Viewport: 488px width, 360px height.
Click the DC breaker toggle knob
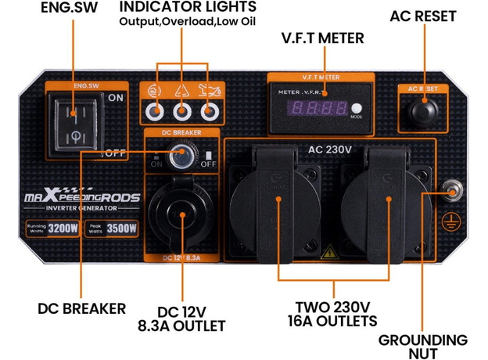coord(181,159)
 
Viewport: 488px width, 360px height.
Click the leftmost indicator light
coord(156,110)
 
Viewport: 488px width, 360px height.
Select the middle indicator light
coord(181,110)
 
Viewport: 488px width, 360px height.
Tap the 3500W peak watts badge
coord(111,229)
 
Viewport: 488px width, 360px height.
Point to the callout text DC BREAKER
coord(81,308)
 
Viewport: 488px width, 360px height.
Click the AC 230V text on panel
coord(329,149)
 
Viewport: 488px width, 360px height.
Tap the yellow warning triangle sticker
coord(330,253)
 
